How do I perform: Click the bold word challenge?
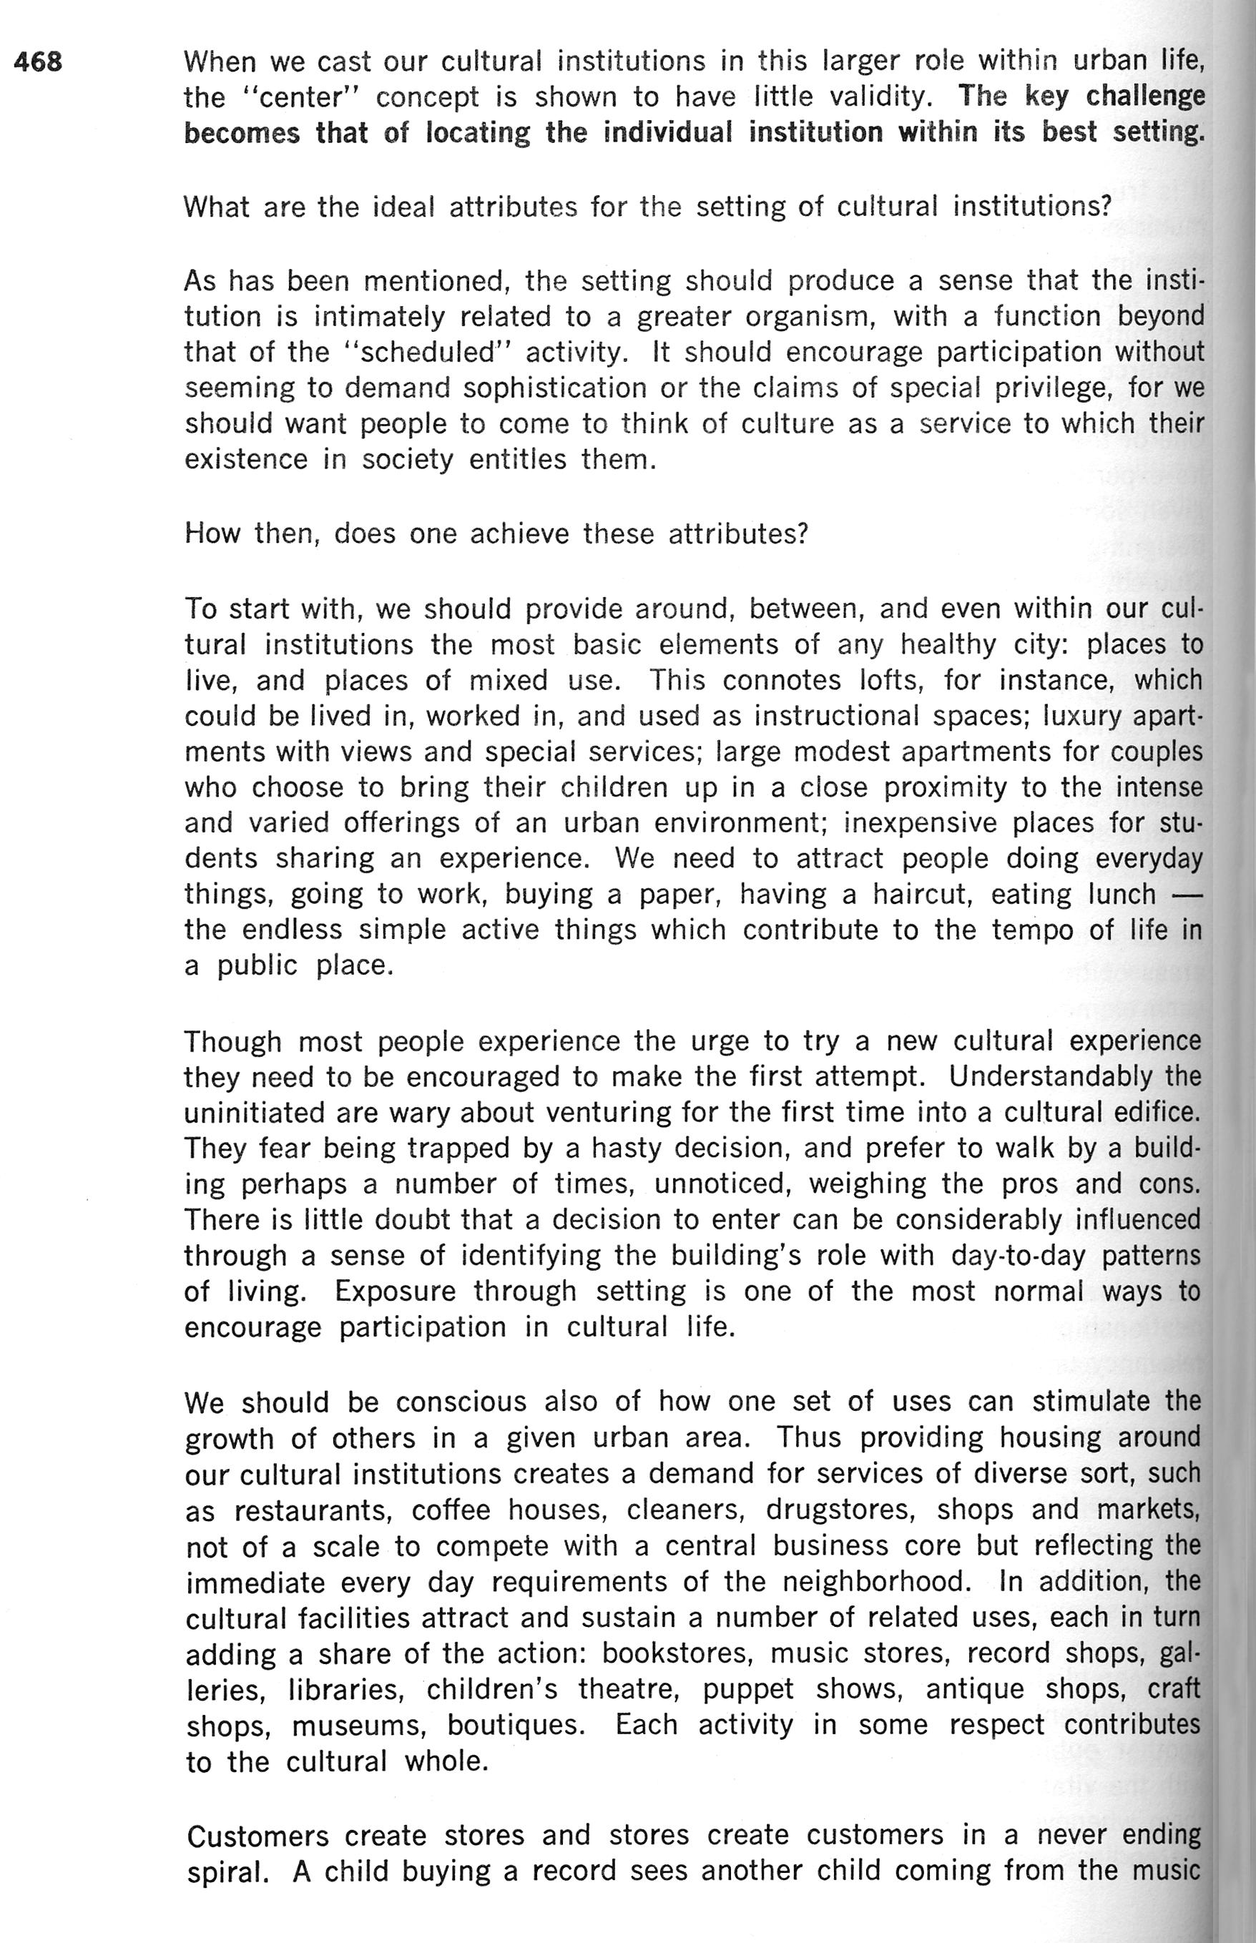point(1146,97)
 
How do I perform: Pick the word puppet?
point(748,1688)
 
